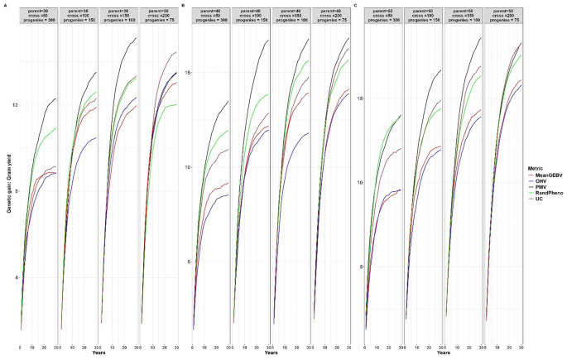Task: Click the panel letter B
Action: [194, 6]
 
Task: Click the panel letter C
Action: [355, 6]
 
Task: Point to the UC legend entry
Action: [541, 201]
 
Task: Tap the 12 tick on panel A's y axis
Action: [14, 105]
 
